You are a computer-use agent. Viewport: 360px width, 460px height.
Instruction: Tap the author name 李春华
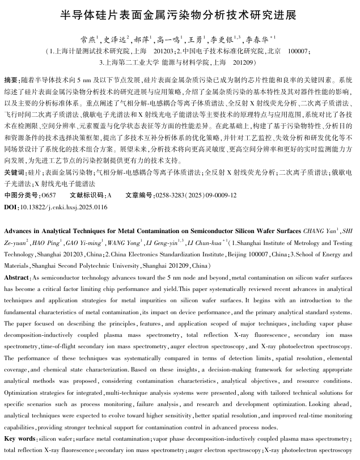click(255, 39)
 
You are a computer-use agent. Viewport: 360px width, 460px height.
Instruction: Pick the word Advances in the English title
click(20, 231)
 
